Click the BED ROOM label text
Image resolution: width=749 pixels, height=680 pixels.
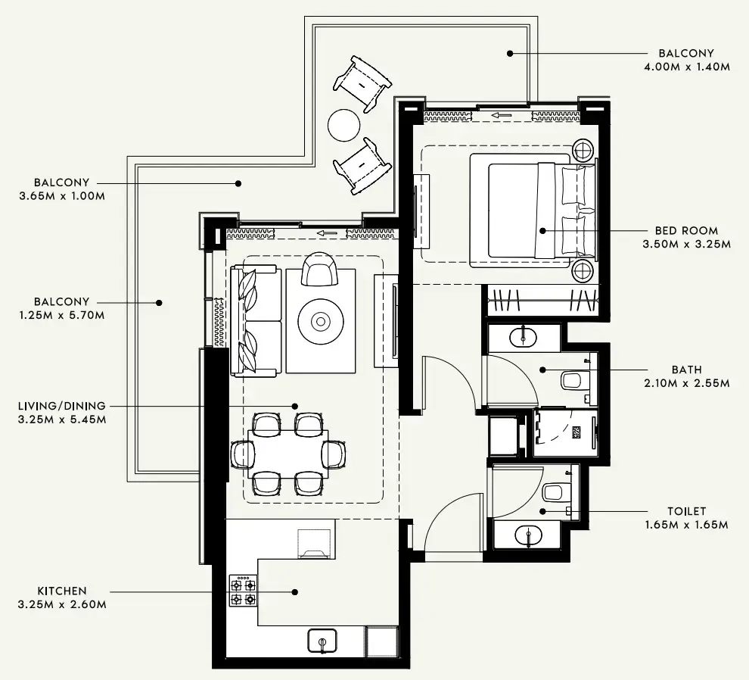(x=686, y=230)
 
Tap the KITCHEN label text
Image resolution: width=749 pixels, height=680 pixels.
(x=62, y=591)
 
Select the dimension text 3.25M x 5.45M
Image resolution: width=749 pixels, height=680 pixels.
(x=62, y=420)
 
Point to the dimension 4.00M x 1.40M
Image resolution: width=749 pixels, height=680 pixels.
(x=687, y=67)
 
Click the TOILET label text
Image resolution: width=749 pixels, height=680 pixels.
(x=687, y=511)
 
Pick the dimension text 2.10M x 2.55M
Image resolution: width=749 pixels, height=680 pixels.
(x=687, y=383)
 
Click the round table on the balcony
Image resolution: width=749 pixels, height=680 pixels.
(x=344, y=125)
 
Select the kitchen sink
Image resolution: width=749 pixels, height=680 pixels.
(x=322, y=641)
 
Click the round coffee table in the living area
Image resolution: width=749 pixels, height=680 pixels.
(x=321, y=321)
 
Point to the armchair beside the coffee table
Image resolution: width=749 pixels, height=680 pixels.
(x=319, y=269)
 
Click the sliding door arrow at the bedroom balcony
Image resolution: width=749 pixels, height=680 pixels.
(x=502, y=115)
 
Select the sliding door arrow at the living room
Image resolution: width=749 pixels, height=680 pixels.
(x=328, y=233)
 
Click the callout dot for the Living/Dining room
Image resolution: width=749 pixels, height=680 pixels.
(x=295, y=406)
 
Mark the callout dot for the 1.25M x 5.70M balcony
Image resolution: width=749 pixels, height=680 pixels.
(x=159, y=303)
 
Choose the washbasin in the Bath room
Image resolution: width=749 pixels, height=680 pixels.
(x=523, y=337)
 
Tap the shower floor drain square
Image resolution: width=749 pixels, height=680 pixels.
(x=577, y=432)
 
